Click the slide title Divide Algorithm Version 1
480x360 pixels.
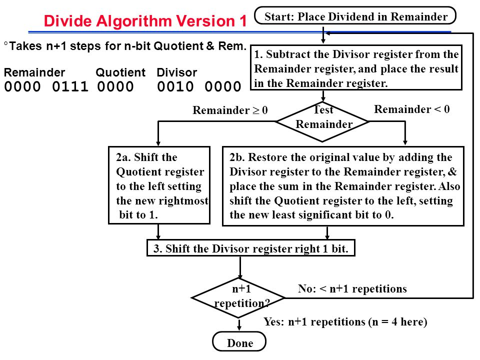145,21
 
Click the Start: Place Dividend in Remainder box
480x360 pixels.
355,16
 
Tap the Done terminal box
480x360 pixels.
240,343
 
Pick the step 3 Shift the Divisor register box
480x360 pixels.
250,248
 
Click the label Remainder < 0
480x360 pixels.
412,109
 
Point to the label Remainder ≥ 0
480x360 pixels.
230,110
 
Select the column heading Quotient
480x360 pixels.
120,73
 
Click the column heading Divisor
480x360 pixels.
177,73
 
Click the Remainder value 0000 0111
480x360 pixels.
46,87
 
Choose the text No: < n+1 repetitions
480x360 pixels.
352,289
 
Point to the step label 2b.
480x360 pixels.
236,157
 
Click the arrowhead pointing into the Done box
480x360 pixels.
240,327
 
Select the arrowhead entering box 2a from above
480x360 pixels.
158,142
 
